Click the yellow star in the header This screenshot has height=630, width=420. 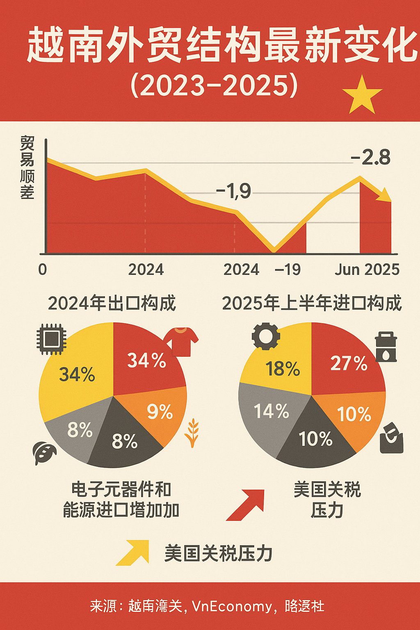point(362,96)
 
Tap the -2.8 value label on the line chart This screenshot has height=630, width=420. point(371,157)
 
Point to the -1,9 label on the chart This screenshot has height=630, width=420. point(233,191)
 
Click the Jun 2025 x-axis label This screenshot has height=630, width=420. point(367,269)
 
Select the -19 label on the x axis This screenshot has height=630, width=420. point(288,269)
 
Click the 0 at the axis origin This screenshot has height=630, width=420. point(43,269)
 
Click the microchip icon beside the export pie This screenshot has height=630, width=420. point(51,339)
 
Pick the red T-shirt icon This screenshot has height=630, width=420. point(181,341)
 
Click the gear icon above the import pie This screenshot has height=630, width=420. point(266,336)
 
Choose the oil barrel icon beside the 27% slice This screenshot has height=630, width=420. point(386,347)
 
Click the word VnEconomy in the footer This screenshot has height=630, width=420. point(232,606)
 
